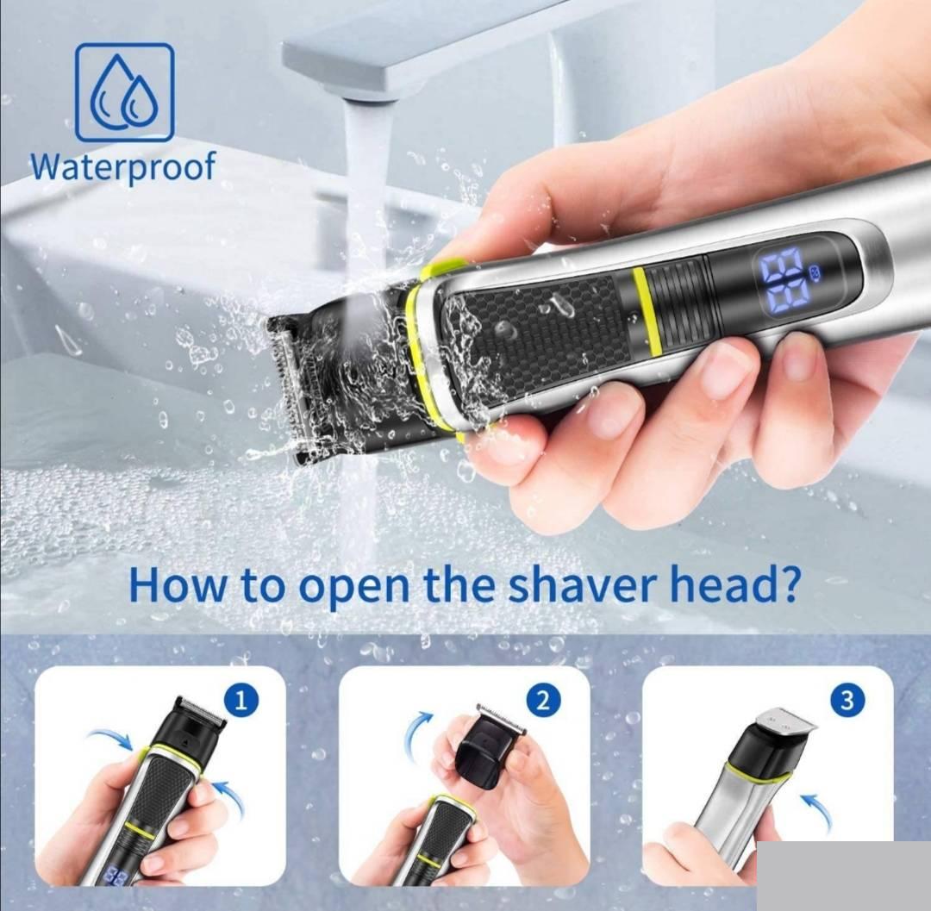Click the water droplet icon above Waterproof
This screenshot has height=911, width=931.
125,92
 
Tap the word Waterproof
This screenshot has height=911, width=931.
123,166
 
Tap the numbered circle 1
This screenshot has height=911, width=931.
241,701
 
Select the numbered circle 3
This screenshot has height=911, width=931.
847,701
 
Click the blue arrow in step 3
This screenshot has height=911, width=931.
815,812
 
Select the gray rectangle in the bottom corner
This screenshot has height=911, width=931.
844,876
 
